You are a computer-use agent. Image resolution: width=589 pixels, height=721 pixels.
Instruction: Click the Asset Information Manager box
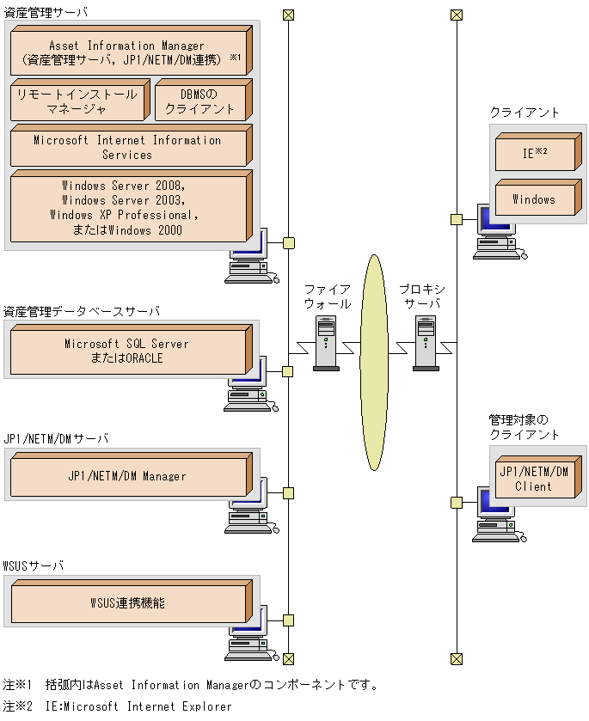127,53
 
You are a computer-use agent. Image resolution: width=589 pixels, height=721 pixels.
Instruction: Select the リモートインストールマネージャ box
77,101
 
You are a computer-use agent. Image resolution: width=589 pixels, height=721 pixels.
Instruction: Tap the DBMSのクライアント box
199,101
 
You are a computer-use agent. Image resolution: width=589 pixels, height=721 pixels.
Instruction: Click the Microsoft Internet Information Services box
127,148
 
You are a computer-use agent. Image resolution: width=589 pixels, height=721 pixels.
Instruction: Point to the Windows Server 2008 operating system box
127,208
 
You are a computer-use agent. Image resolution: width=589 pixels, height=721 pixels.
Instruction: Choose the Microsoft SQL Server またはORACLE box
127,351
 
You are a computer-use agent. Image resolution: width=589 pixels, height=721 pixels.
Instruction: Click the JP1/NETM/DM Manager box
127,476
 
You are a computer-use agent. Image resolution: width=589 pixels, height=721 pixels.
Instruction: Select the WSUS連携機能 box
127,603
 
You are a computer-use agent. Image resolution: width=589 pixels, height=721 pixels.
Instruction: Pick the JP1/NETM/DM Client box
535,479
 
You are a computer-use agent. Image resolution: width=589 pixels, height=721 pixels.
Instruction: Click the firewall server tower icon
326,342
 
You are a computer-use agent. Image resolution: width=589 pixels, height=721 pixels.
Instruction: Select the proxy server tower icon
426,342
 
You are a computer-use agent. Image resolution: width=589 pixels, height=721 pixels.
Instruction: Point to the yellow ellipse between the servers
374,361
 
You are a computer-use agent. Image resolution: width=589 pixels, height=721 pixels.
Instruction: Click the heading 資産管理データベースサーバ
82,311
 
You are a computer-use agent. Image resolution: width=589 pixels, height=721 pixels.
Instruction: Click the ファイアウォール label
327,296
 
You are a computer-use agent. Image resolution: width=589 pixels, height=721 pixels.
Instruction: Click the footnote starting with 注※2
118,706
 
